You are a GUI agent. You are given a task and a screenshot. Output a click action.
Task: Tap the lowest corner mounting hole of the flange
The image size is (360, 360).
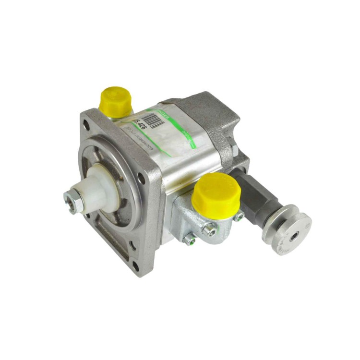(x=136, y=265)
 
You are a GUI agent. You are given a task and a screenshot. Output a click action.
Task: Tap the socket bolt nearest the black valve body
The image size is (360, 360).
(x=239, y=217)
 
